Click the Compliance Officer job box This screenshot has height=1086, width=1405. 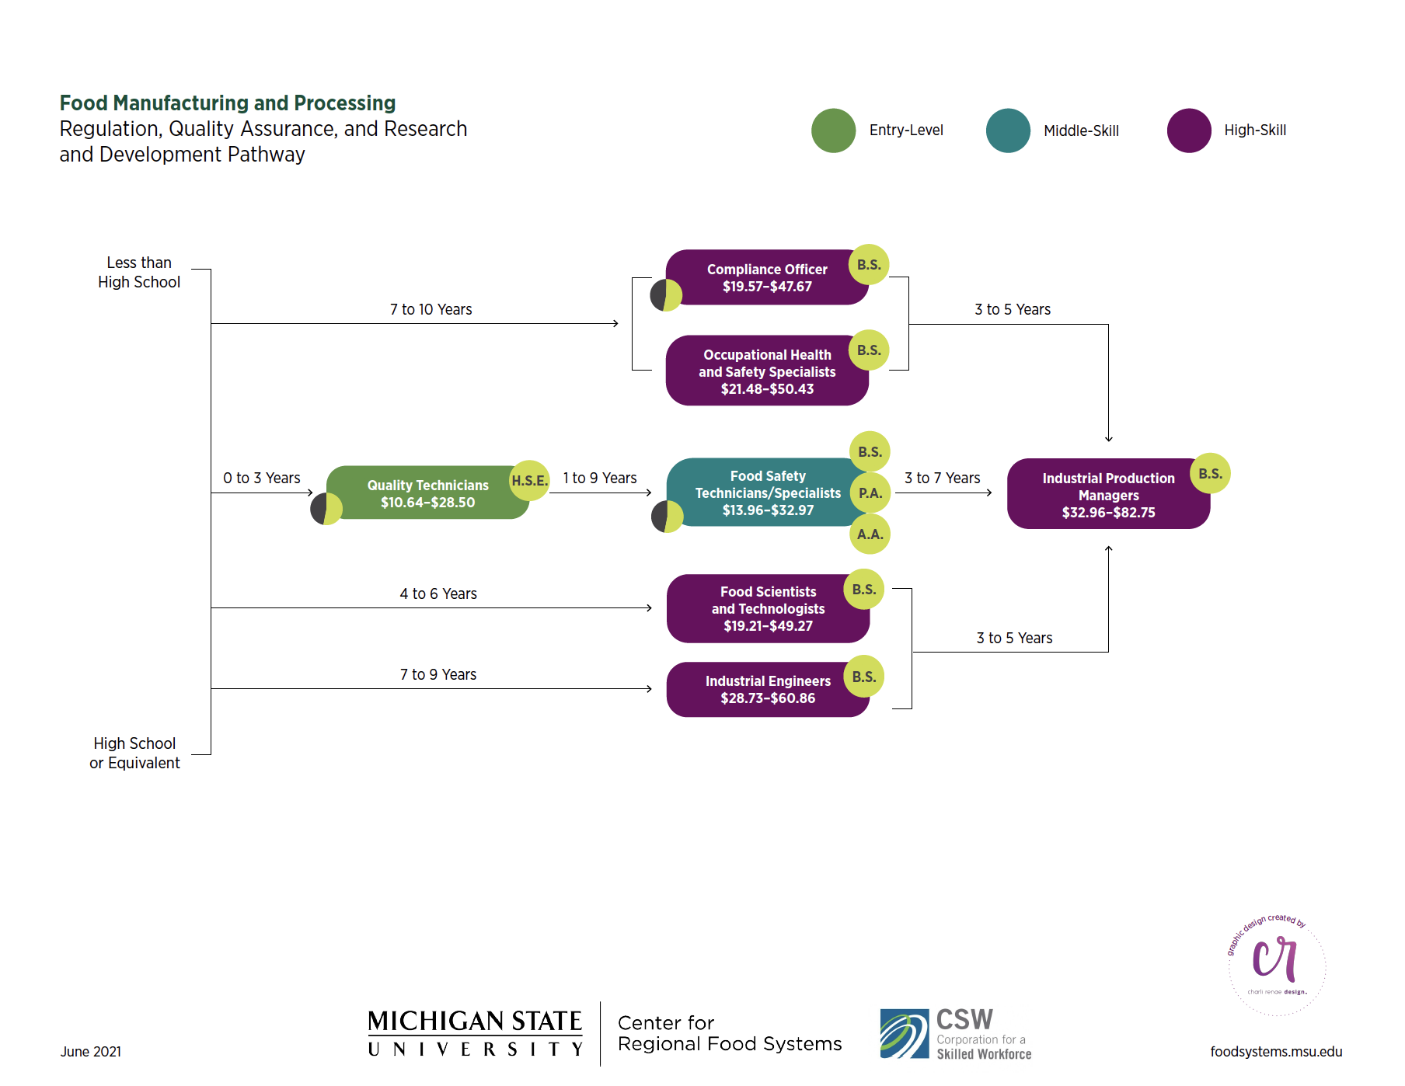[766, 277]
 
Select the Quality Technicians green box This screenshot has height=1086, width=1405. [427, 493]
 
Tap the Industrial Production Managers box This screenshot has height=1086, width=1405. [1108, 495]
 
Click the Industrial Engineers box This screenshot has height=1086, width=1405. [767, 689]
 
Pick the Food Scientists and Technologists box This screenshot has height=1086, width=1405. [768, 608]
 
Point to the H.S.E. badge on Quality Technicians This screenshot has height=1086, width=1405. [530, 480]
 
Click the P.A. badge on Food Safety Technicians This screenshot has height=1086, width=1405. [870, 493]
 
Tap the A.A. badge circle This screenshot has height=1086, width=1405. [870, 534]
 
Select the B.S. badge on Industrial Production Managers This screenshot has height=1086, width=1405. [1210, 473]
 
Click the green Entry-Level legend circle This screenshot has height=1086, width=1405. [833, 131]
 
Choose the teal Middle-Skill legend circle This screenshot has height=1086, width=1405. [1008, 131]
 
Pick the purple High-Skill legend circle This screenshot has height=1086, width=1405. [1189, 131]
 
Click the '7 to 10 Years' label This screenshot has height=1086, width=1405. [431, 309]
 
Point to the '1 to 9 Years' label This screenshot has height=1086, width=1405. [600, 478]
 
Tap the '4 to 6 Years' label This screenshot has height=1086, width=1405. [438, 593]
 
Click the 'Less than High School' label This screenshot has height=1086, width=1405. [139, 272]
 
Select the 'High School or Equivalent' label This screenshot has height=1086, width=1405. [134, 753]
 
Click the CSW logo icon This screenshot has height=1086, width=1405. [904, 1033]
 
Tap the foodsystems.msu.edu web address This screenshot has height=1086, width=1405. [1276, 1051]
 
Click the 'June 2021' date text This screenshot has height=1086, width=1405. [91, 1051]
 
